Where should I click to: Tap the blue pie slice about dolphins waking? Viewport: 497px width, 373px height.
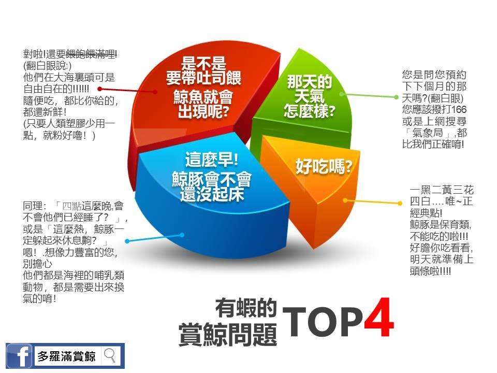(x=209, y=197)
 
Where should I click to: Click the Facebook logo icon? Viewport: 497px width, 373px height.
(x=19, y=356)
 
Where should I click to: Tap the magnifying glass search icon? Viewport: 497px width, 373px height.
(x=110, y=355)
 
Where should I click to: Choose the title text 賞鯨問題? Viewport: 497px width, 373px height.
(x=228, y=334)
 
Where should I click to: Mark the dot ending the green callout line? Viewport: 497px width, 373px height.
(x=396, y=97)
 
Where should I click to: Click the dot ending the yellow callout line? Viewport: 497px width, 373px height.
(x=400, y=203)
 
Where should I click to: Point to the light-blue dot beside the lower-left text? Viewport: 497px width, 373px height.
(x=127, y=241)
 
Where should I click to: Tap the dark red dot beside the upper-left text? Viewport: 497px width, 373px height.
(x=99, y=89)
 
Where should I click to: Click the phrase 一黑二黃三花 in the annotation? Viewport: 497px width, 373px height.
(x=442, y=190)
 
